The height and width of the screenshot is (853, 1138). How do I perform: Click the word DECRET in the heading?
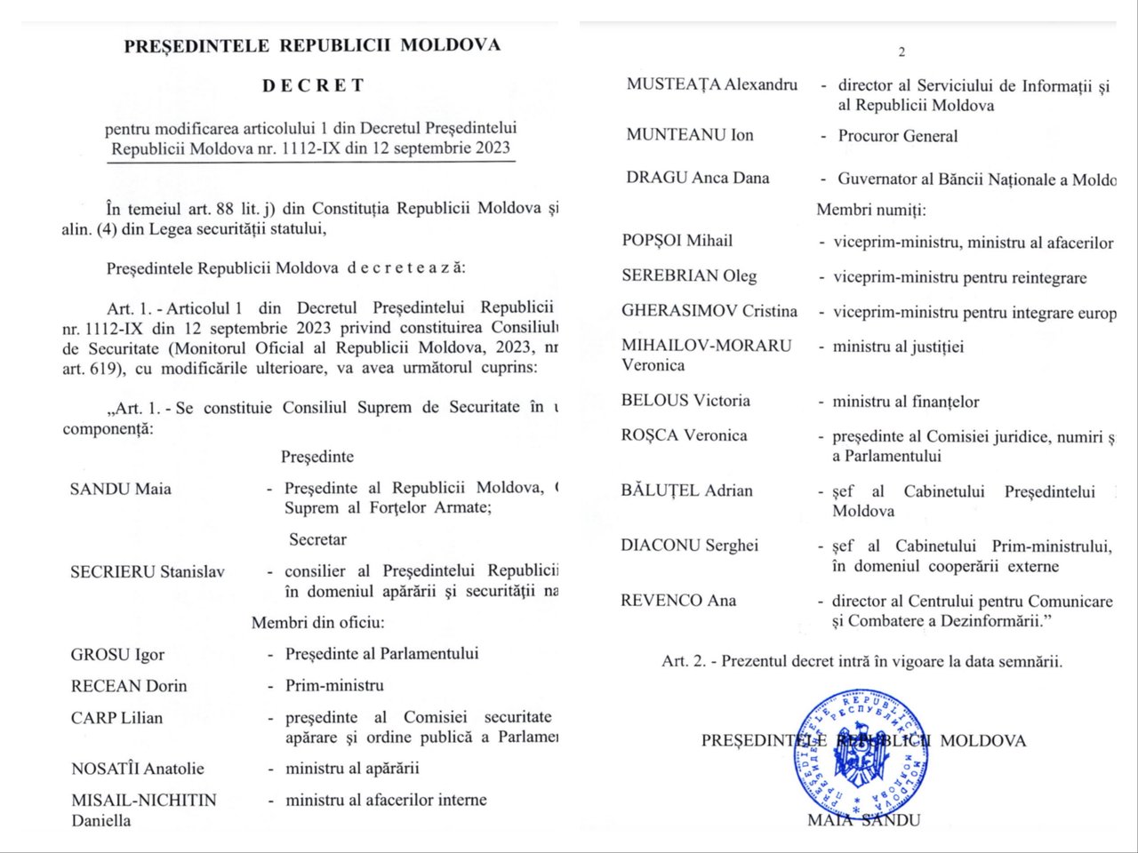pyautogui.click(x=313, y=86)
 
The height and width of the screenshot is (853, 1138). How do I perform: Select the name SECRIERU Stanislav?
pyautogui.click(x=148, y=572)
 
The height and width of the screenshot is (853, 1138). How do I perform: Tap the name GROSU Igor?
pyautogui.click(x=117, y=655)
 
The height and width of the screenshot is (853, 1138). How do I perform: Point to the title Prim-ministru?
pyautogui.click(x=334, y=686)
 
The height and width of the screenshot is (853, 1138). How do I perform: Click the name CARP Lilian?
pyautogui.click(x=116, y=718)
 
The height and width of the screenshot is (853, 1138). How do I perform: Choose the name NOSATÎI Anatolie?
pyautogui.click(x=137, y=769)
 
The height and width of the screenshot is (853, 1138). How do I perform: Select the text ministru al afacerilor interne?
pyautogui.click(x=386, y=800)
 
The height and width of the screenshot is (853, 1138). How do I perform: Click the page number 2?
pyautogui.click(x=902, y=52)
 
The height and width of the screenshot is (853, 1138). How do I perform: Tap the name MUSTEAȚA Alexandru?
pyautogui.click(x=711, y=84)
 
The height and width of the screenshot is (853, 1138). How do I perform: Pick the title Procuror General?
pyautogui.click(x=898, y=136)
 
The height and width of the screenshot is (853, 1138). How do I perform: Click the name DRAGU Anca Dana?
pyautogui.click(x=697, y=178)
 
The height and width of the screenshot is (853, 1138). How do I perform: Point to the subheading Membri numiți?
pyautogui.click(x=871, y=211)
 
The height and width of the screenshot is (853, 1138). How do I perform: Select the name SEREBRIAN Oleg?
pyautogui.click(x=689, y=275)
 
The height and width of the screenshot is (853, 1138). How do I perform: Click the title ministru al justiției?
pyautogui.click(x=898, y=347)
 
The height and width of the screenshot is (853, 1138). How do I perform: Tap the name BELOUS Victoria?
pyautogui.click(x=685, y=401)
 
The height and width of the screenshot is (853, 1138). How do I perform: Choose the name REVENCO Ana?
pyautogui.click(x=678, y=601)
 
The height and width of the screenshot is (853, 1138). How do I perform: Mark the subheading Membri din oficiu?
pyautogui.click(x=317, y=623)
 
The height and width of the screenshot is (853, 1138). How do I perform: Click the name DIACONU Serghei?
pyautogui.click(x=689, y=546)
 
